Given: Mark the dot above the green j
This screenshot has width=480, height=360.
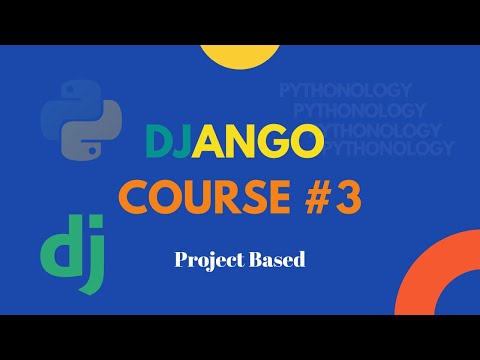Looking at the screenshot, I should pyautogui.click(x=96, y=233).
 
